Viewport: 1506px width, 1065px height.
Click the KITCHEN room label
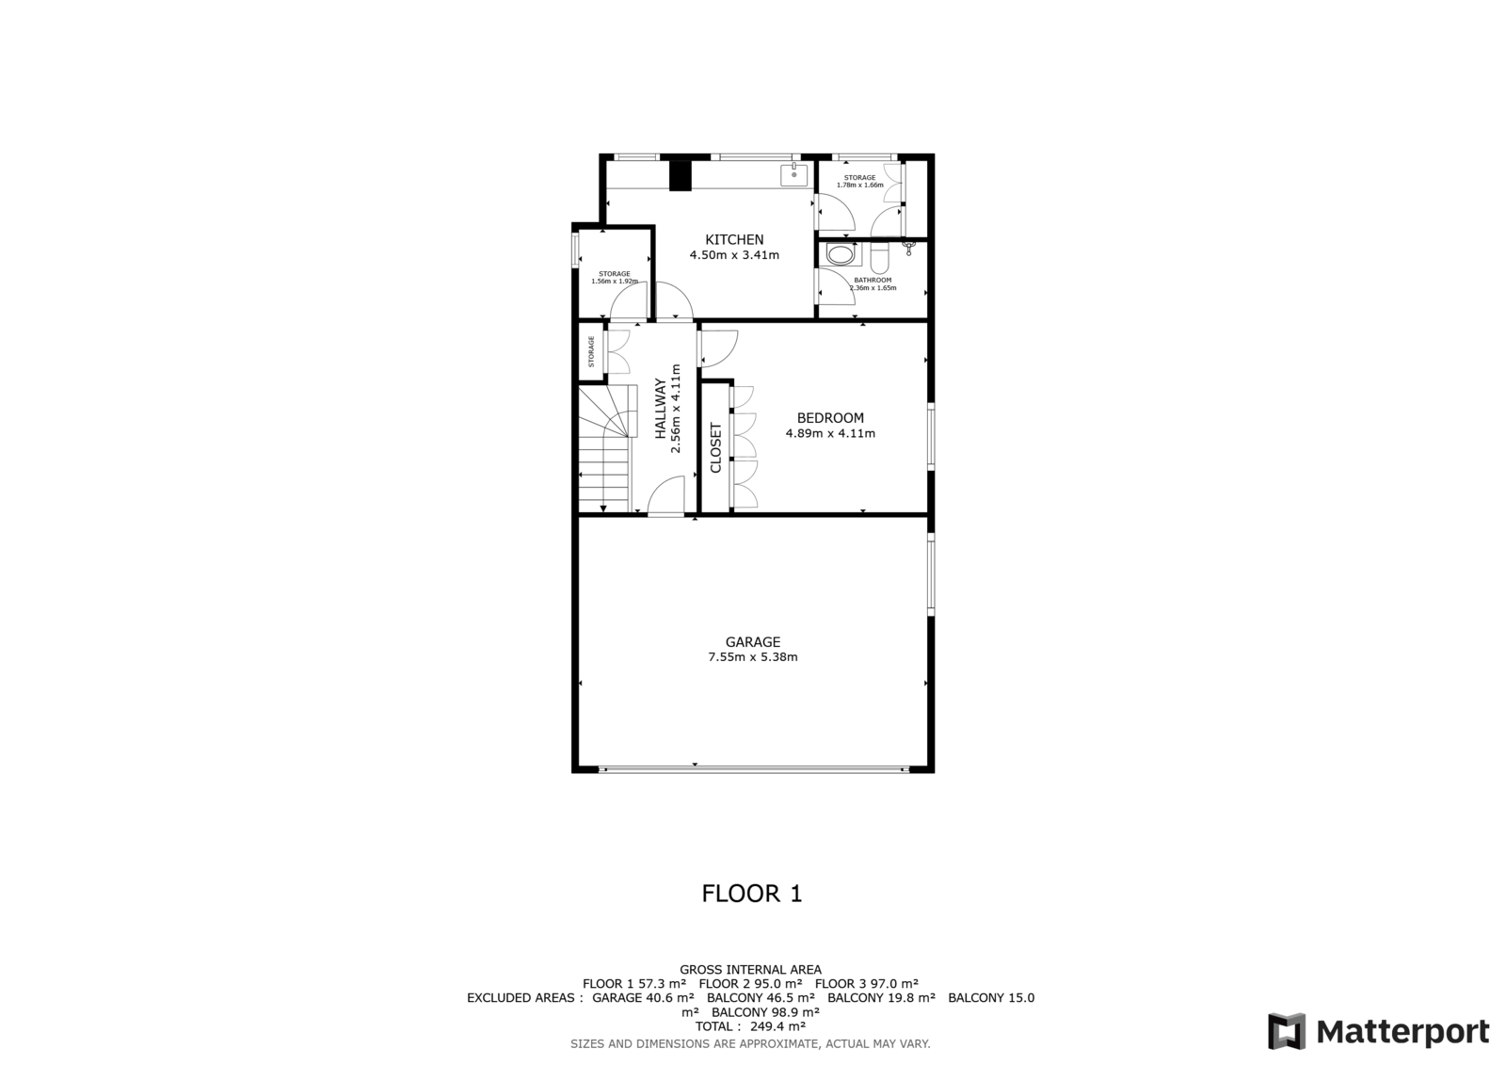click(734, 239)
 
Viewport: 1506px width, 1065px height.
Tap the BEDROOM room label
click(830, 418)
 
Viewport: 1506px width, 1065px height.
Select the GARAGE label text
click(753, 642)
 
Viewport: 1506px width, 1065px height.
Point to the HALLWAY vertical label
click(660, 409)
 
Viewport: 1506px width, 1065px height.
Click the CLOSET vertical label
click(715, 447)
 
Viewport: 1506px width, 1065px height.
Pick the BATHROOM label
click(873, 280)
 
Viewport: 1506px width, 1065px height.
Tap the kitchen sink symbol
click(794, 174)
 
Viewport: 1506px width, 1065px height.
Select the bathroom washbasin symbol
click(841, 255)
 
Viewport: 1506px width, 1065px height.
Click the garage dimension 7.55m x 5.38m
click(753, 657)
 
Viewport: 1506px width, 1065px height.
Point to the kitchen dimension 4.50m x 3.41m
click(734, 255)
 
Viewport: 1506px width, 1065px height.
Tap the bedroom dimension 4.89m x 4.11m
click(830, 433)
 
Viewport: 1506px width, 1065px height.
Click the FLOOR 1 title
click(752, 894)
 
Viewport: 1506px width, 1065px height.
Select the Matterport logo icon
click(1287, 1031)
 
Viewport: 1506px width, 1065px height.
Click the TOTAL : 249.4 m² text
click(750, 1026)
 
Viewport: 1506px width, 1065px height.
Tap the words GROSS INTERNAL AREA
click(750, 970)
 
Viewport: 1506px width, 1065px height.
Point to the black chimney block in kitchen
click(681, 175)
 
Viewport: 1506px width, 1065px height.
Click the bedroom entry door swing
click(719, 347)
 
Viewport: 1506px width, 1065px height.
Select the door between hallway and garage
click(665, 495)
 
